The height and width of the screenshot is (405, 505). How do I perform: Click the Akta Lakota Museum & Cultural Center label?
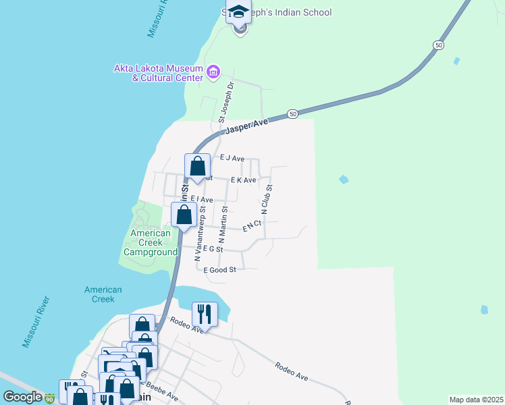[x=159, y=73]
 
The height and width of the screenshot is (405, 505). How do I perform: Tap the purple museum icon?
[x=213, y=72]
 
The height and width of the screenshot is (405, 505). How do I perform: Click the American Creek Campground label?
[x=150, y=242]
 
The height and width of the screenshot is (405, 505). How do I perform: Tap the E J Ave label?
[x=232, y=157]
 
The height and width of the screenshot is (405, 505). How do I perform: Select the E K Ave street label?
[x=243, y=180]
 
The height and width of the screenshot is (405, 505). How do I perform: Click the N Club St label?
[x=267, y=200]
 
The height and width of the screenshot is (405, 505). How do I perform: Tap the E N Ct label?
[x=252, y=227]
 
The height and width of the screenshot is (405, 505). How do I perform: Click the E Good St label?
[x=219, y=269]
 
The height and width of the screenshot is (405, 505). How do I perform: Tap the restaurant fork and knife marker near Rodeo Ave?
[x=205, y=314]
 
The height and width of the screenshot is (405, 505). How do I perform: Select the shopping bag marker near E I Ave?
[x=184, y=215]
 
